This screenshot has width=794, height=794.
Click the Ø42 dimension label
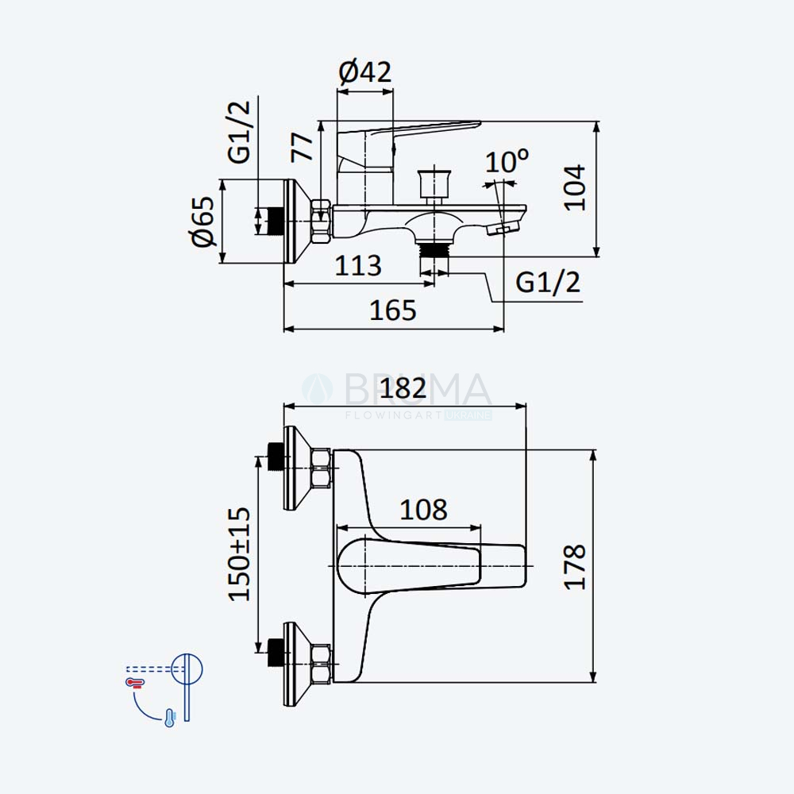[365, 72]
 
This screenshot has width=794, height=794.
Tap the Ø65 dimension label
[203, 221]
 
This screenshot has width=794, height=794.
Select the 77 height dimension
[303, 147]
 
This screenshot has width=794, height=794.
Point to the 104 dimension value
[575, 187]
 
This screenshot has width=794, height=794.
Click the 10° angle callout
[507, 161]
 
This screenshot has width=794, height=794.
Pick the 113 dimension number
[358, 265]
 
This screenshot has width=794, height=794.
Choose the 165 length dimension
[393, 310]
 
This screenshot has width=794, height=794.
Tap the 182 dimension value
[403, 389]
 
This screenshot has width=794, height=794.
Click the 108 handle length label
[424, 510]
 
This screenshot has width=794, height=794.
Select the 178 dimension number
[575, 567]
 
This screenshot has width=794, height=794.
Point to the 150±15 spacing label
[240, 554]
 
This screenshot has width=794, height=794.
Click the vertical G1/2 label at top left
[240, 132]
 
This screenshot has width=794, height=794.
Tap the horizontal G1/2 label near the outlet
[548, 282]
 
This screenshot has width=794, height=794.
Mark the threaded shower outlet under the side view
[434, 249]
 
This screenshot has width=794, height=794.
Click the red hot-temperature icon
[135, 683]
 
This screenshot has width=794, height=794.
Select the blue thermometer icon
[170, 718]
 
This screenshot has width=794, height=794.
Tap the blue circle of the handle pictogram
[187, 669]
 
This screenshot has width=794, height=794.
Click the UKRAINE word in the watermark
[468, 415]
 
